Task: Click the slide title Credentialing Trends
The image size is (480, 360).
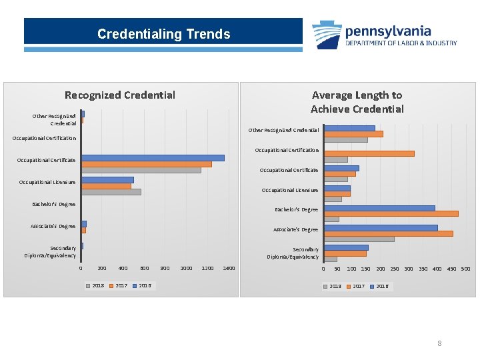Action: [x=163, y=34]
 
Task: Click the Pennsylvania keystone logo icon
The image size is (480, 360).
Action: [x=327, y=35]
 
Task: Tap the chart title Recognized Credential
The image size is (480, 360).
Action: [x=120, y=95]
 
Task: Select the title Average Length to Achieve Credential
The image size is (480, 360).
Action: [x=357, y=102]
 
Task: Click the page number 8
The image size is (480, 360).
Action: [x=439, y=343]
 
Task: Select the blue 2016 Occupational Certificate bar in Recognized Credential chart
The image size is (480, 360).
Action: [x=153, y=158]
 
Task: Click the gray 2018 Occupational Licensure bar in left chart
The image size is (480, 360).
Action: [x=111, y=192]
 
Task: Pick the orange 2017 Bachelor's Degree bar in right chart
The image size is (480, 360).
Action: [x=391, y=214]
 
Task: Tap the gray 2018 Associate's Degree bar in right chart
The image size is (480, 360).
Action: [x=359, y=239]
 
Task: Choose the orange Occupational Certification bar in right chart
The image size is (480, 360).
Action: [x=369, y=153]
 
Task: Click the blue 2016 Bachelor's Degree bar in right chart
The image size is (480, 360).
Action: [x=379, y=208]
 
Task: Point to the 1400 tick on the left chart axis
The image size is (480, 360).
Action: [x=229, y=268]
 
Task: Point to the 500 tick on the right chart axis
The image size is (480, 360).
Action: [x=466, y=269]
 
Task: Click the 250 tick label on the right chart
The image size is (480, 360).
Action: [x=395, y=269]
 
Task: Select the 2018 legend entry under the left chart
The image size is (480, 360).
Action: [x=95, y=285]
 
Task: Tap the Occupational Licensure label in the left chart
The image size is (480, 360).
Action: [x=47, y=182]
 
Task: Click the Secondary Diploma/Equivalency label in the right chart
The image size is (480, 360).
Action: [x=293, y=253]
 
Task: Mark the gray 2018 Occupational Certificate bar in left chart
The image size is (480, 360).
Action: [x=141, y=170]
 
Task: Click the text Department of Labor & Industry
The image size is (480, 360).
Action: [x=401, y=43]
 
